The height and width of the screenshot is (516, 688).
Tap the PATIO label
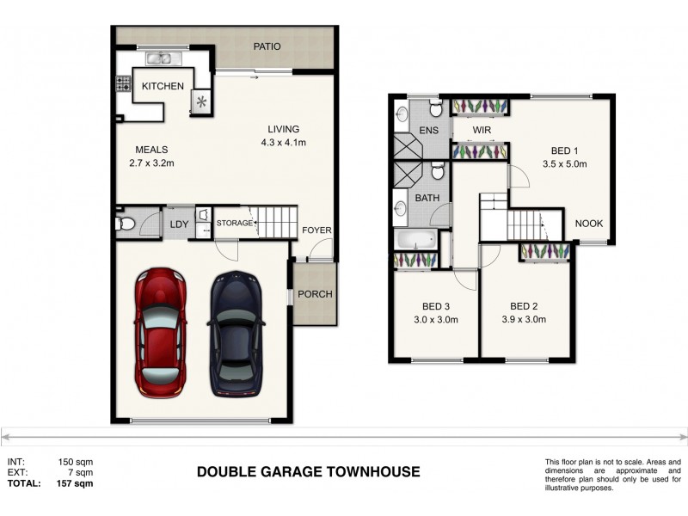pos(266,46)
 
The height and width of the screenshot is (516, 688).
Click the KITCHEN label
pos(163,86)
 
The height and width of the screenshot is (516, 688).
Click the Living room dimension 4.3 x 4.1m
pos(284,143)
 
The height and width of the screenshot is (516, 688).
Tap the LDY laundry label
pos(179,225)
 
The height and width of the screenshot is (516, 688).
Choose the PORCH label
pos(315,294)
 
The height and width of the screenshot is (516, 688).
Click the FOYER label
pos(316,230)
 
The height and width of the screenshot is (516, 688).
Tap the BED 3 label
pos(437,306)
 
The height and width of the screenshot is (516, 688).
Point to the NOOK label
pos(589,224)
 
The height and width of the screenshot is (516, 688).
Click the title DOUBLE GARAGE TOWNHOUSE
pos(308,471)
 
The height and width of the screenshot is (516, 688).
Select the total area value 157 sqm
pos(76,483)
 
